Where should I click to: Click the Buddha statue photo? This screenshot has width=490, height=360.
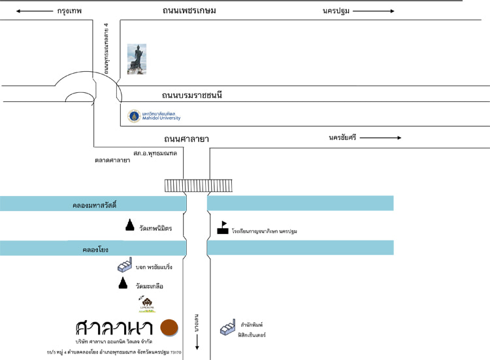click(137, 59)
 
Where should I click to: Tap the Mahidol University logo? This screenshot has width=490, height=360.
click(134, 116)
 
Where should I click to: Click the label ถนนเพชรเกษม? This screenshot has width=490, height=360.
click(189, 10)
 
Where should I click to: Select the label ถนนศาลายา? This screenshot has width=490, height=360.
click(191, 139)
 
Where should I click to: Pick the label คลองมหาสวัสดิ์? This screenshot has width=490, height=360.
click(94, 205)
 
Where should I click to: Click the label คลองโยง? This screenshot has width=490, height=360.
click(95, 249)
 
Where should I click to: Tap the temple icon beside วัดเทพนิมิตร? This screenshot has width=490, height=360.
click(129, 225)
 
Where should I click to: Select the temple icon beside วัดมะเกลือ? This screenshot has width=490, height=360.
click(123, 284)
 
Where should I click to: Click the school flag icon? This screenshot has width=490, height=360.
click(223, 228)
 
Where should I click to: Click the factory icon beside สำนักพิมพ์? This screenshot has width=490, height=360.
click(227, 328)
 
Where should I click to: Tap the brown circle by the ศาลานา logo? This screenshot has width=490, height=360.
click(169, 328)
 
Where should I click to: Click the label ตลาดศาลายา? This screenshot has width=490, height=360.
click(112, 159)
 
